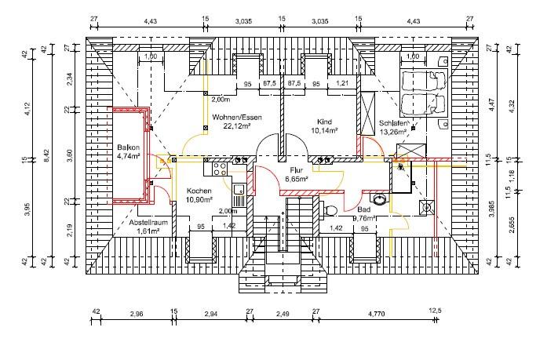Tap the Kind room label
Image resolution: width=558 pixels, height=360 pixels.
[x=325, y=122]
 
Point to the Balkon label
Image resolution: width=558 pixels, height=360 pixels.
[x=128, y=147]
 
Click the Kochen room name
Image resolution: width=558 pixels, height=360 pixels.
[x=199, y=191]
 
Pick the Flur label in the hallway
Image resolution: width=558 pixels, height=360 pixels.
[x=297, y=170]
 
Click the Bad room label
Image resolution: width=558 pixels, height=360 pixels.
[x=363, y=210]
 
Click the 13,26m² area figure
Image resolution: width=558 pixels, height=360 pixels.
[x=394, y=132]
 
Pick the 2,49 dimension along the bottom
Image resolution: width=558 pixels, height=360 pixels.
[x=283, y=315]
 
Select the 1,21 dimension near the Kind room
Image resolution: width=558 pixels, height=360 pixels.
[x=341, y=82]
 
